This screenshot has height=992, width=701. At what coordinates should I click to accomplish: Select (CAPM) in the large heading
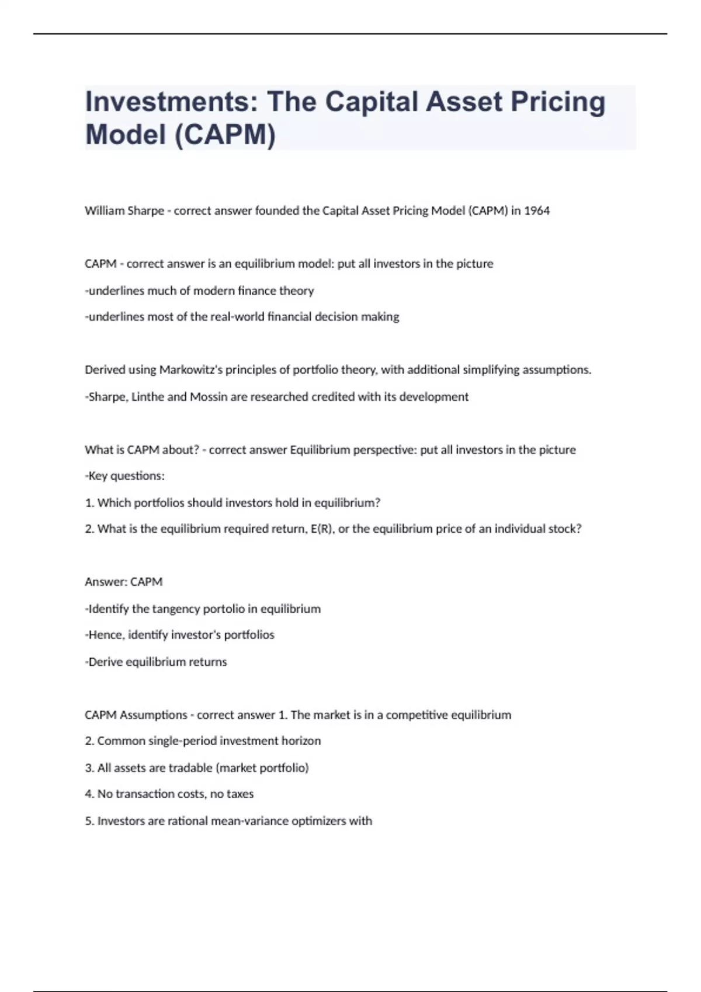pyautogui.click(x=225, y=135)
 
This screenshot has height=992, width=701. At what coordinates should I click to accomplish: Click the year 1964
pyautogui.click(x=537, y=211)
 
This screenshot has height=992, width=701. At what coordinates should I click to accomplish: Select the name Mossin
pyautogui.click(x=209, y=397)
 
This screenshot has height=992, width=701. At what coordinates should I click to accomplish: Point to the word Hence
pyautogui.click(x=105, y=635)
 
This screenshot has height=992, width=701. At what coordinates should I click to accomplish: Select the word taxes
pyautogui.click(x=240, y=794)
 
